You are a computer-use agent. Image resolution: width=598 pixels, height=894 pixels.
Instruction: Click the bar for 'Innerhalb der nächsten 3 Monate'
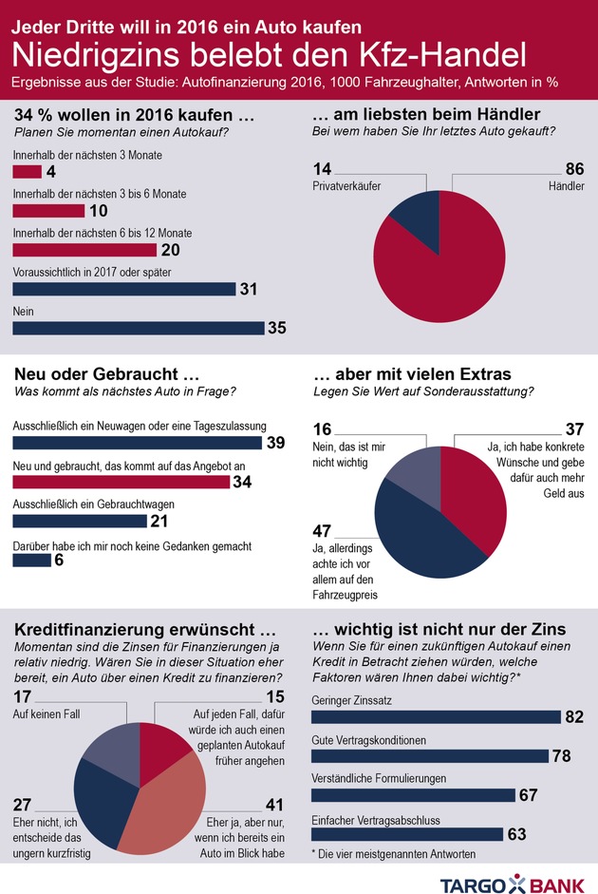point(28,172)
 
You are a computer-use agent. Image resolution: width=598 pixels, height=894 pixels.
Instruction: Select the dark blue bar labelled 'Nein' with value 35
point(139,328)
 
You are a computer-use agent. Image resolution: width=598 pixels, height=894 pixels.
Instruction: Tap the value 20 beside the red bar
point(172,250)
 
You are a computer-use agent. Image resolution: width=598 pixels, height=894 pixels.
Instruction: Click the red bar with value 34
point(121,482)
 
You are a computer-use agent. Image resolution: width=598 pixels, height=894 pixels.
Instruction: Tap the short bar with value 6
point(31,561)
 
